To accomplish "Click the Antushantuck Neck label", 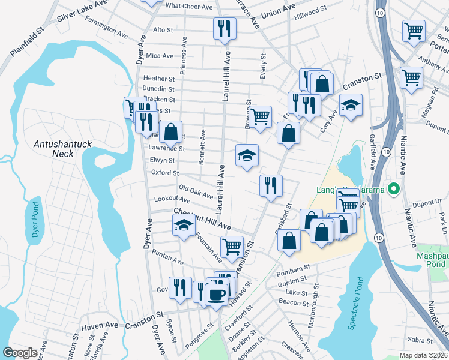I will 53,149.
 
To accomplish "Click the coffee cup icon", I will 216,295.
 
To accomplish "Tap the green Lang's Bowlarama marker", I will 394,190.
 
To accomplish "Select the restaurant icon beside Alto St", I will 224,28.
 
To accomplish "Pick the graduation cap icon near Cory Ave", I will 351,106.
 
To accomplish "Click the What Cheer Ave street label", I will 189,6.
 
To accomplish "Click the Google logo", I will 20,352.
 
